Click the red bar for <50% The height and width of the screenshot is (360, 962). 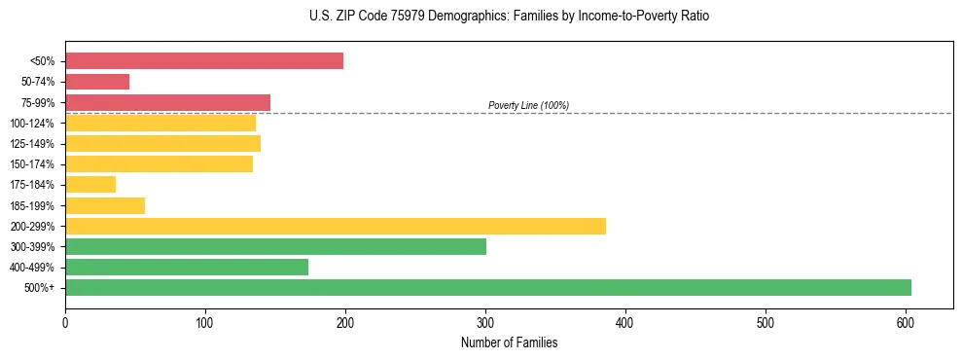(204, 61)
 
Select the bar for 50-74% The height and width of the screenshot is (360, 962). (97, 82)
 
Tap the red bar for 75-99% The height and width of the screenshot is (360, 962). (167, 102)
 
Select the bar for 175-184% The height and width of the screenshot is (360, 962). (90, 184)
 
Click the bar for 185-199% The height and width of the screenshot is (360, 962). (105, 205)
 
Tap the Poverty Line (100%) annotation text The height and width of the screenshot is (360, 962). (528, 105)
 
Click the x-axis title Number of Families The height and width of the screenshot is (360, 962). (509, 342)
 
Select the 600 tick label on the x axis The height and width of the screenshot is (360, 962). (906, 322)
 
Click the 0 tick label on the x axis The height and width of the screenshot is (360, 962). (65, 322)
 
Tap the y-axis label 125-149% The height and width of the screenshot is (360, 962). (32, 144)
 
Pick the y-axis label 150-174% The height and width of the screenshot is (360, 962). (32, 164)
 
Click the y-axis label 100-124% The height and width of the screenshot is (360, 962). (32, 124)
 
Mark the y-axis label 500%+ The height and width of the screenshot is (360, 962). (39, 288)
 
